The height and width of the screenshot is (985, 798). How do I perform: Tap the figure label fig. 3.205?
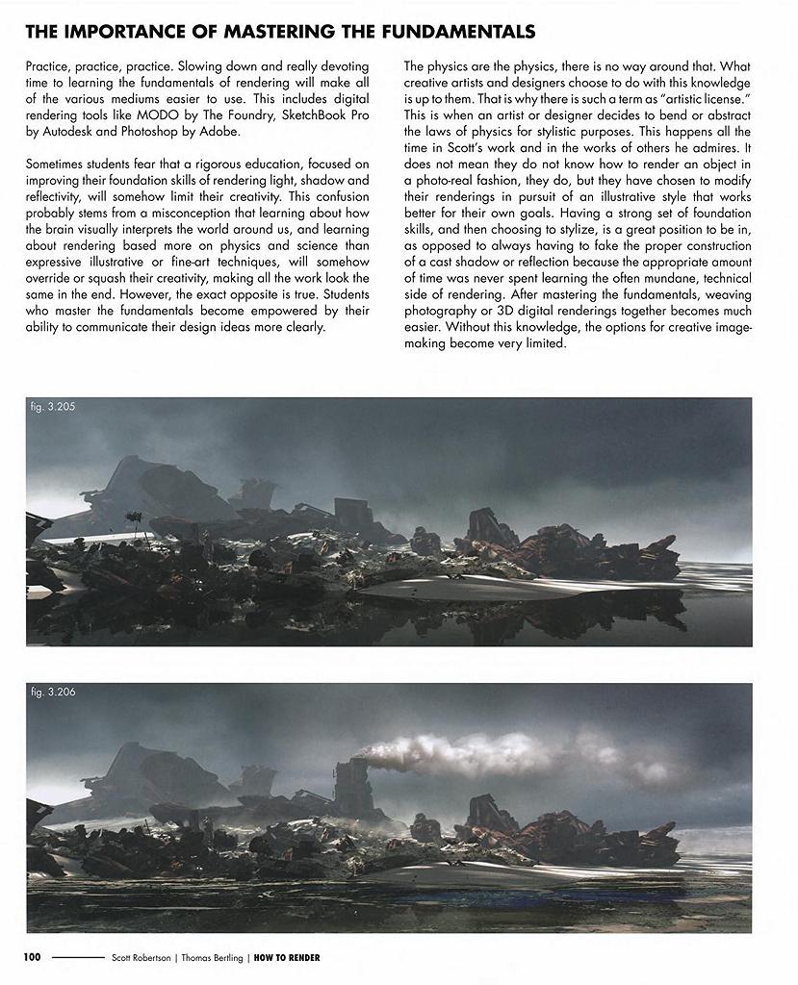coord(53,407)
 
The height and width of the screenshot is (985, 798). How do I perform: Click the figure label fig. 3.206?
coord(53,693)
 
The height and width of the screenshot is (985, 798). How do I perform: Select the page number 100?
coord(33,958)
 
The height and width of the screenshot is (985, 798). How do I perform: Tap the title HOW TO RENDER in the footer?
coord(287,958)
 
